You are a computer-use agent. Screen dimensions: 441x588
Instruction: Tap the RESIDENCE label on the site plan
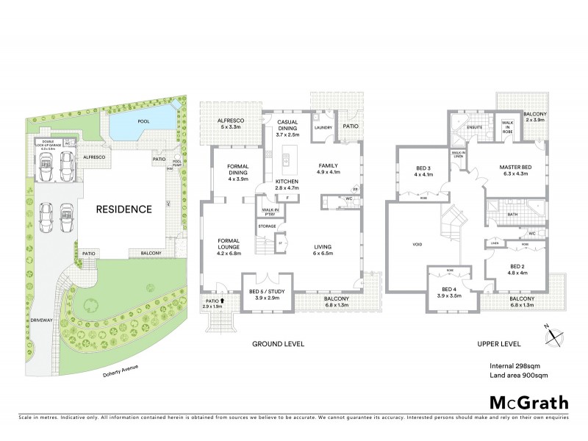(x=123, y=209)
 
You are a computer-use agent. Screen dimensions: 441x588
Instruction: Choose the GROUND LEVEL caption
(x=278, y=344)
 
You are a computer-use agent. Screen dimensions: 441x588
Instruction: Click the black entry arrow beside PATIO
(x=222, y=300)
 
